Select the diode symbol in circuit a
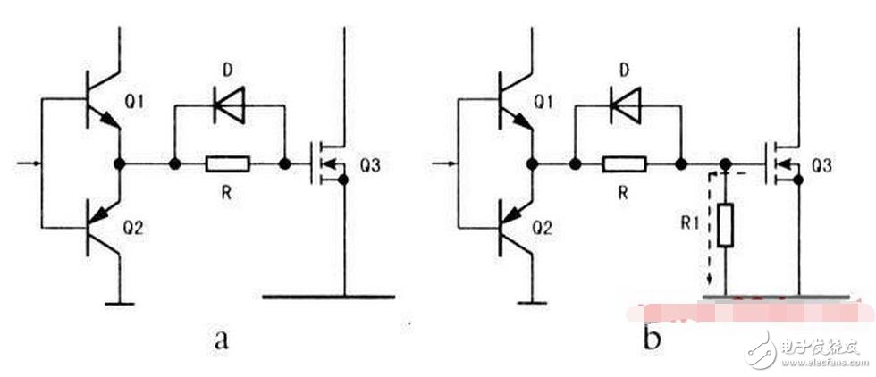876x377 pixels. (229, 105)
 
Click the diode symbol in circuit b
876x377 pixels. (627, 105)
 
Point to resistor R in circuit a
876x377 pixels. (228, 164)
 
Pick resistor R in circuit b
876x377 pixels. (625, 164)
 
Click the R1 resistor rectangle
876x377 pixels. (725, 226)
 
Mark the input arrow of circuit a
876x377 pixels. (29, 163)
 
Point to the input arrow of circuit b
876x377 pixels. (445, 163)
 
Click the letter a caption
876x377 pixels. (222, 339)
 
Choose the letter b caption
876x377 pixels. (652, 336)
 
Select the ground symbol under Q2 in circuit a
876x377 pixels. (120, 303)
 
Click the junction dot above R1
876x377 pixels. (725, 164)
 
